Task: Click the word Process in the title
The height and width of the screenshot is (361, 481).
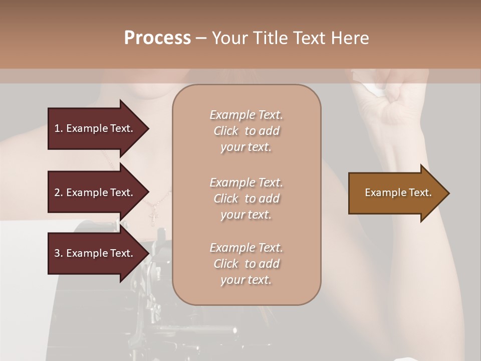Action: pos(157,38)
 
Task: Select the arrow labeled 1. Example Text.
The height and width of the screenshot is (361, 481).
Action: pos(95,128)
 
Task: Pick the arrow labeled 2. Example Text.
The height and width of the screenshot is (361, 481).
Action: pos(95,193)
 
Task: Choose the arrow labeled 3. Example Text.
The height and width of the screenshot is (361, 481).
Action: pos(95,253)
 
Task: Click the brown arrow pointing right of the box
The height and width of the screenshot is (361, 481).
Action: pos(396,193)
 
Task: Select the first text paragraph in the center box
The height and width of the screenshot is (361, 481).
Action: pos(246,131)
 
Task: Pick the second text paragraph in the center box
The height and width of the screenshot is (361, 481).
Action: pos(246,199)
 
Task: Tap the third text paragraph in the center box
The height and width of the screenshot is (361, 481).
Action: pos(246,264)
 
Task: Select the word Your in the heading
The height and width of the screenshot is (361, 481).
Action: pos(230,38)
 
